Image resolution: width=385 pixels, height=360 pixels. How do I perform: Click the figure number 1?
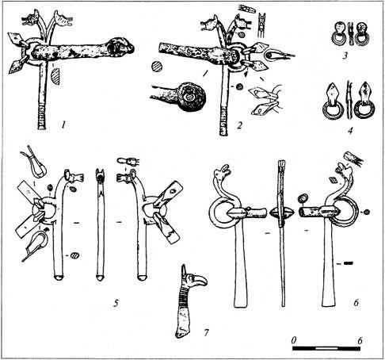point(63,124)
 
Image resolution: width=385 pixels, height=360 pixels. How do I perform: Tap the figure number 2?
point(239,124)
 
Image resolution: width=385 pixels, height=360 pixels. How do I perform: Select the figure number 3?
point(345,56)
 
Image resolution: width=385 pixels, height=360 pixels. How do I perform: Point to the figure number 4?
point(350,131)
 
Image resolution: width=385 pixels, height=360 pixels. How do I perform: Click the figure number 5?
point(116,303)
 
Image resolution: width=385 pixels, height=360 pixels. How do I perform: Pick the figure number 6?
point(356,303)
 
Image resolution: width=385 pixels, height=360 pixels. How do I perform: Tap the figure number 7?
point(206,332)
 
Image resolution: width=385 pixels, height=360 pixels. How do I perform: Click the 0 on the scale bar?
point(294,340)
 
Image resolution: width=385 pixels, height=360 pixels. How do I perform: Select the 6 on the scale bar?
point(360,340)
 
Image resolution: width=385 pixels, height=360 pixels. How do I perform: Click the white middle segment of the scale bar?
point(326,349)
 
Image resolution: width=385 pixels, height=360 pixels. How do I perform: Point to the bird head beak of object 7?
point(202,281)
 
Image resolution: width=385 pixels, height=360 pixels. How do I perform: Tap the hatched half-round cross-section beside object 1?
point(55,76)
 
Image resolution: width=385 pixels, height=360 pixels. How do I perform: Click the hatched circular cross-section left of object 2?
point(157,66)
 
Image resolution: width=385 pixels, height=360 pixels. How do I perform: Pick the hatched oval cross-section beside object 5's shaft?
point(75,255)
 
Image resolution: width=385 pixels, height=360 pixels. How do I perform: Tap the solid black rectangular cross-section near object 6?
point(349,263)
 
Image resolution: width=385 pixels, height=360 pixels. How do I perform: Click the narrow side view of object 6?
point(282,232)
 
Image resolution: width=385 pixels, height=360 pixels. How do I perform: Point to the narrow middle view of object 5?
point(100,224)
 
